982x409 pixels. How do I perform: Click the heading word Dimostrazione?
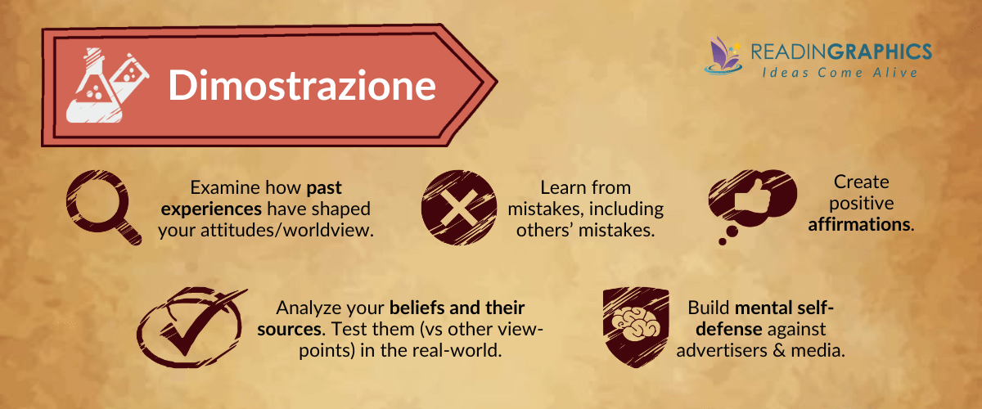302,85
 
